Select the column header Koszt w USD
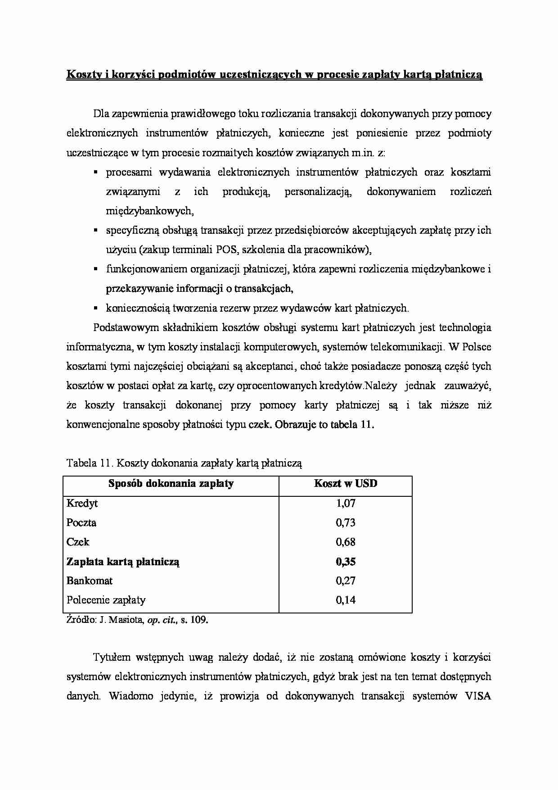coord(345,484)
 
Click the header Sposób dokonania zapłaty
coord(171,484)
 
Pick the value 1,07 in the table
coord(345,503)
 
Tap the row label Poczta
coord(81,522)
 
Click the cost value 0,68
coord(345,542)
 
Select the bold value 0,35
coord(345,562)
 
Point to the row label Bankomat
coord(90,581)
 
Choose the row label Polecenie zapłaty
coord(106,600)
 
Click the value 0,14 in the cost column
coord(345,600)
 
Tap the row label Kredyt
coord(82,503)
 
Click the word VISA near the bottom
coord(478,696)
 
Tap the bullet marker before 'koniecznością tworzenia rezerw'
coord(96,309)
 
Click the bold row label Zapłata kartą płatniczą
coord(123,562)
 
